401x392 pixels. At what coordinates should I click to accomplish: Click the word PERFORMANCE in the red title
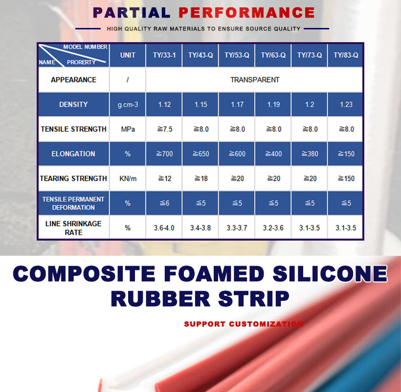pyautogui.click(x=246, y=13)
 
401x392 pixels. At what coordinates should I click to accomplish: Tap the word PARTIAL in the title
pyautogui.click(x=132, y=13)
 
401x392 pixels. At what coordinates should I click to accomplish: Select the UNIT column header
pyautogui.click(x=128, y=55)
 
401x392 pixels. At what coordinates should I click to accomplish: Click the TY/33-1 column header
pyautogui.click(x=164, y=55)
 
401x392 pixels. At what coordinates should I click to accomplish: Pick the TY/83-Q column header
pyautogui.click(x=346, y=55)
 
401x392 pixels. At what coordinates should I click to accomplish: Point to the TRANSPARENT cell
pyautogui.click(x=255, y=80)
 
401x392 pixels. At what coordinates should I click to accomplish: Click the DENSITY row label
pyautogui.click(x=73, y=104)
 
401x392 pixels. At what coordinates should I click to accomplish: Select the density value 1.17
pyautogui.click(x=237, y=104)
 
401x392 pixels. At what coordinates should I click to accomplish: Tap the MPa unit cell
pyautogui.click(x=128, y=129)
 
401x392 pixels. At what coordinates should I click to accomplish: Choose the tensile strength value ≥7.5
pyautogui.click(x=165, y=129)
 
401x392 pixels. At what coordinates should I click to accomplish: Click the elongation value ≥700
pyautogui.click(x=164, y=154)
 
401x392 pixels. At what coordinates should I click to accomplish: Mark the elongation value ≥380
pyautogui.click(x=310, y=154)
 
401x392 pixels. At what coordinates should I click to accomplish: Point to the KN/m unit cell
pyautogui.click(x=128, y=178)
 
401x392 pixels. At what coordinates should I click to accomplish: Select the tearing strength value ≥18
pyautogui.click(x=201, y=178)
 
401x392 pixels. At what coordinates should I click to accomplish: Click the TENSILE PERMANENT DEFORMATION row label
pyautogui.click(x=73, y=203)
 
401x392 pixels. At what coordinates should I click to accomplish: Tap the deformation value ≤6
pyautogui.click(x=164, y=203)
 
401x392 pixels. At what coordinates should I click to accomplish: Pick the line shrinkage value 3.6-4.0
pyautogui.click(x=164, y=228)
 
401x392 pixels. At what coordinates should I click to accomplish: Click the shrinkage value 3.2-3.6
pyautogui.click(x=273, y=228)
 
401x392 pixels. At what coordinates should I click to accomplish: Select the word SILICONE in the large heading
pyautogui.click(x=330, y=273)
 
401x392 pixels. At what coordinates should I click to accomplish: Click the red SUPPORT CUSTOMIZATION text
pyautogui.click(x=244, y=324)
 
